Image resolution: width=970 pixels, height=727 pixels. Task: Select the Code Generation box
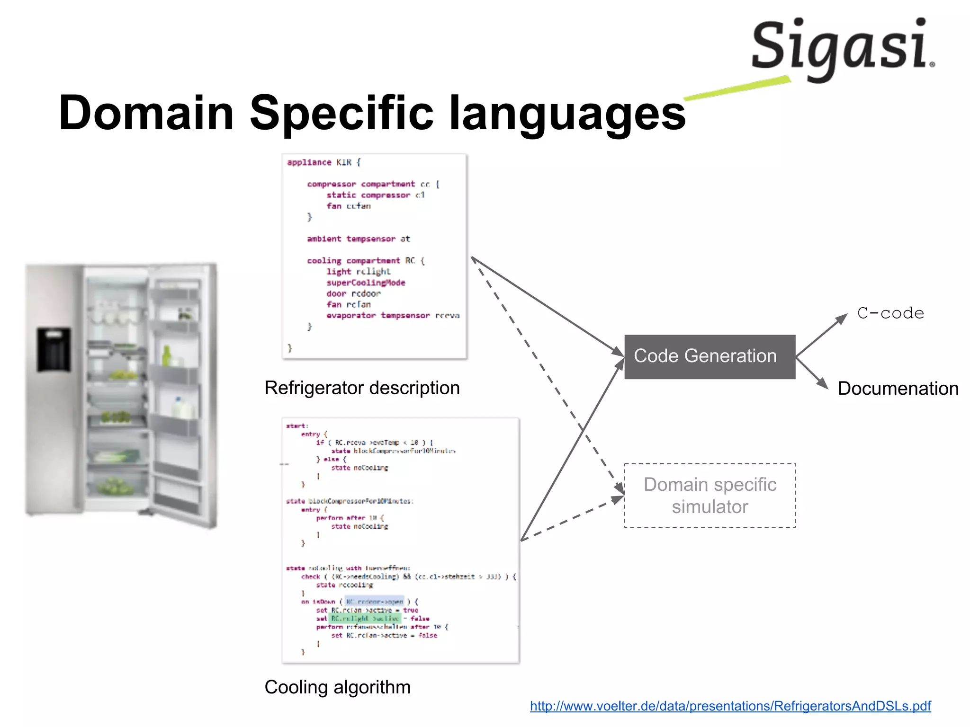(709, 356)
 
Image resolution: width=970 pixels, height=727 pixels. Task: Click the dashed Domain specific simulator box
(710, 495)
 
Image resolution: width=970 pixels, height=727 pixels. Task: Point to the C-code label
(890, 313)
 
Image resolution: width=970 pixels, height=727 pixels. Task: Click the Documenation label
(898, 389)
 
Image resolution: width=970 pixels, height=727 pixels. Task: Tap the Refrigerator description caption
(362, 388)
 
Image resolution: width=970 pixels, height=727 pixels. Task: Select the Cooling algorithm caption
(337, 687)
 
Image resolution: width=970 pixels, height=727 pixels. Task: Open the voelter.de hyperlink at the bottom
(730, 706)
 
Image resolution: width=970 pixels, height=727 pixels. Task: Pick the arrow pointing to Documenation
(812, 374)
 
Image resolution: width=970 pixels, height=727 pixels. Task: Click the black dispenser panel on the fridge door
(54, 349)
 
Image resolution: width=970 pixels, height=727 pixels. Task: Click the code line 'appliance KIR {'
(324, 162)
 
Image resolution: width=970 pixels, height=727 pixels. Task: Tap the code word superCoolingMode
(365, 283)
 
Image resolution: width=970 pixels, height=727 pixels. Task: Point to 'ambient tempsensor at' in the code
(358, 239)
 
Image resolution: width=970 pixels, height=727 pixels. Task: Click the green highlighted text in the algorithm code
(365, 618)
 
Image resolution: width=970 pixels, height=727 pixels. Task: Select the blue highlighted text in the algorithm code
(374, 602)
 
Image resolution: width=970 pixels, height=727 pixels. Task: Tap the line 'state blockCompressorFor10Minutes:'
(349, 501)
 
